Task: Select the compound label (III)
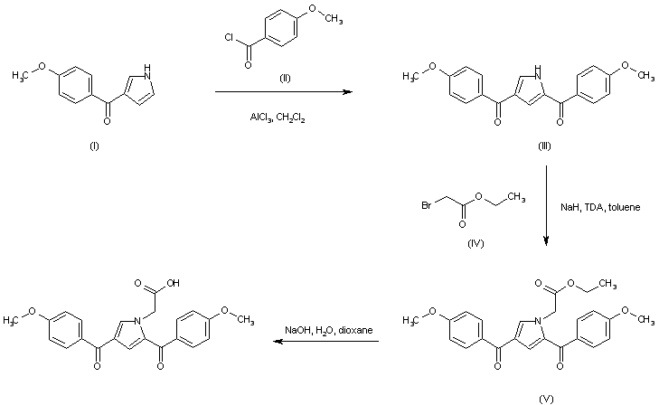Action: click(543, 145)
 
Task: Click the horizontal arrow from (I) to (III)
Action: click(281, 92)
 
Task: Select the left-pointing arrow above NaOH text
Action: click(326, 342)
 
